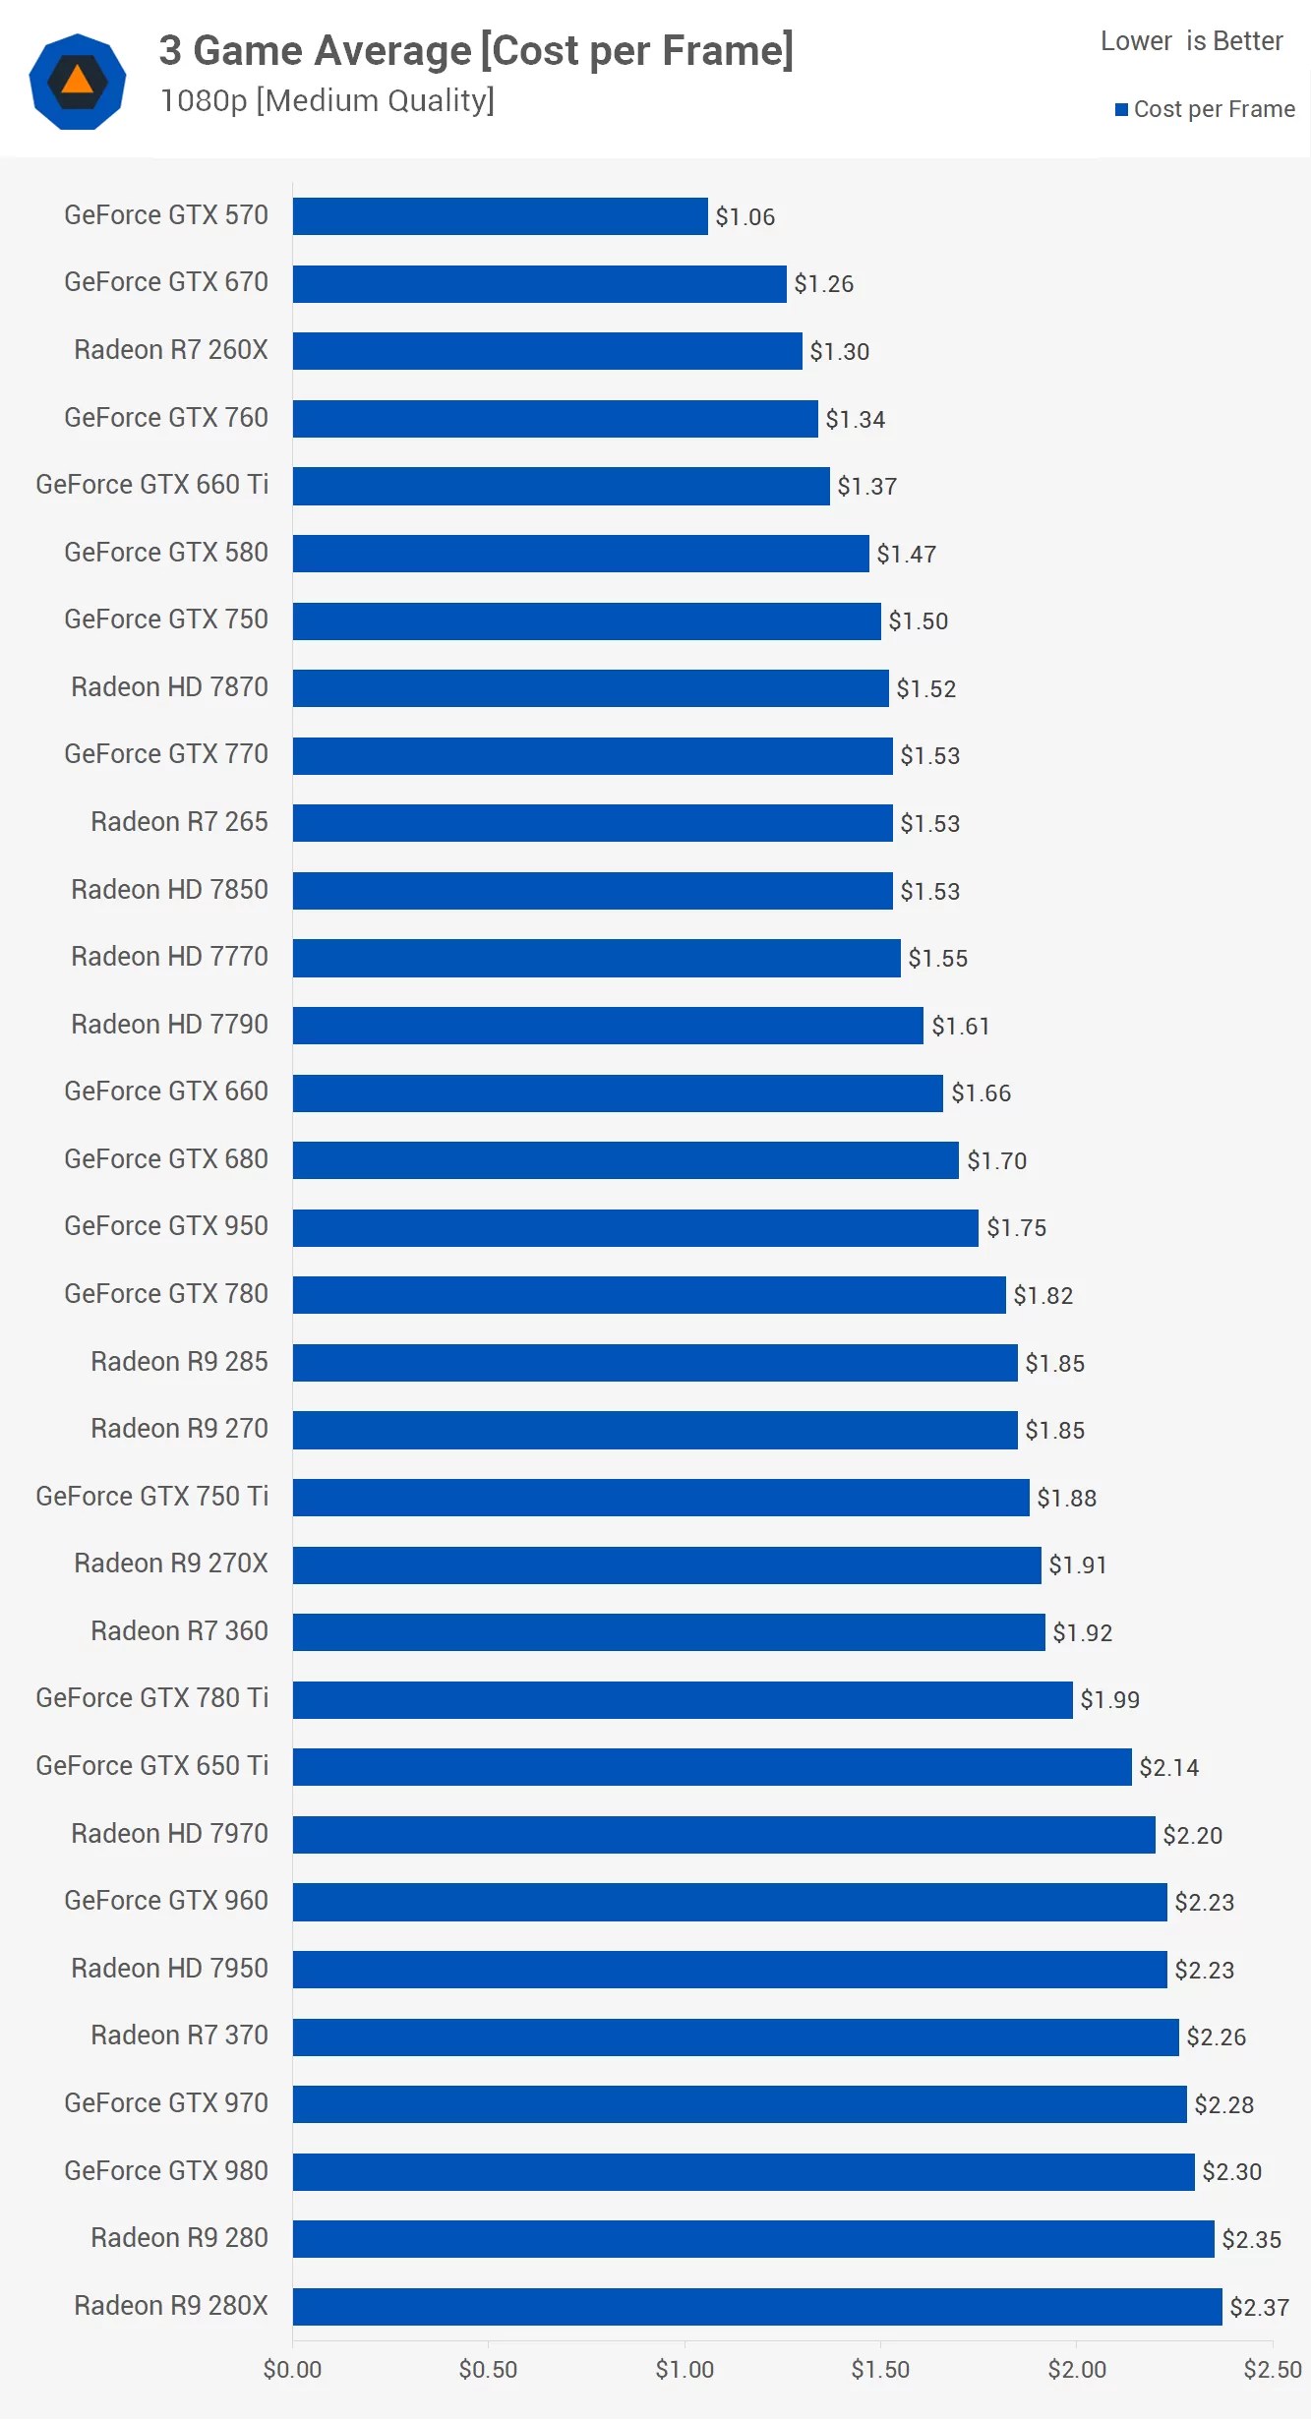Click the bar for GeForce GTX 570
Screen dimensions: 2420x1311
500,216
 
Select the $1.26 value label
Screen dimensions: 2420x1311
823,284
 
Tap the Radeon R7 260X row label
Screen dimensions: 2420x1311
170,350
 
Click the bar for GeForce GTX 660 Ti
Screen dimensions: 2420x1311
561,486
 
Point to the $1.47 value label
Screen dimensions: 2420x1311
906,554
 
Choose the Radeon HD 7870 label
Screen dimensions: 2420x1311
169,687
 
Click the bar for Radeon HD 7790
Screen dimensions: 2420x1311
608,1026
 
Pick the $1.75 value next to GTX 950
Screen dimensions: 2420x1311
1016,1228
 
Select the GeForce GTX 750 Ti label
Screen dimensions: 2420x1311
151,1497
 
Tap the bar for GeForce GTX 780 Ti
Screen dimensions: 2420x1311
683,1700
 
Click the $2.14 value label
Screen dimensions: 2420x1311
1168,1768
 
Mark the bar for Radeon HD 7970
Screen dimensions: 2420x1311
724,1835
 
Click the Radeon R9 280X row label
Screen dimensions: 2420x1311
170,2306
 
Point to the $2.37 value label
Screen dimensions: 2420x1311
1259,2307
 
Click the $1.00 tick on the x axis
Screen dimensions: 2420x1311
685,2370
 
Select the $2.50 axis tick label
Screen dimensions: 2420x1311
1272,2370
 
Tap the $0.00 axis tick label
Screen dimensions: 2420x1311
292,2370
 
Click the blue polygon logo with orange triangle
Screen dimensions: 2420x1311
78,81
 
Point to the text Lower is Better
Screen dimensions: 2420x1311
1191,41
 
